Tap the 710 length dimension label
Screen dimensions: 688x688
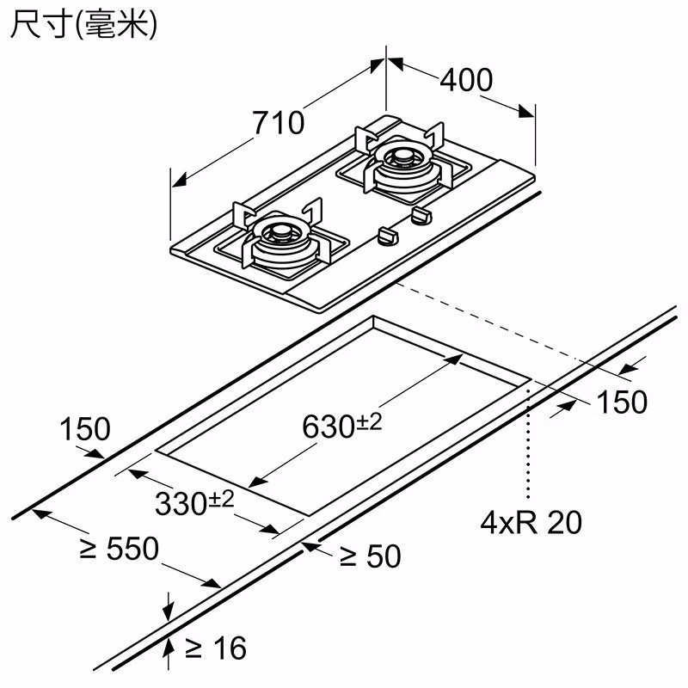point(278,123)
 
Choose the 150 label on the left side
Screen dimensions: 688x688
point(85,428)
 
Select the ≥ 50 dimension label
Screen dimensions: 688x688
point(370,556)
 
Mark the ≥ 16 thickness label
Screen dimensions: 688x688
point(215,646)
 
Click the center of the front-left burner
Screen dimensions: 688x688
point(279,233)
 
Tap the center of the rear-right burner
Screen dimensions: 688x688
point(400,158)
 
